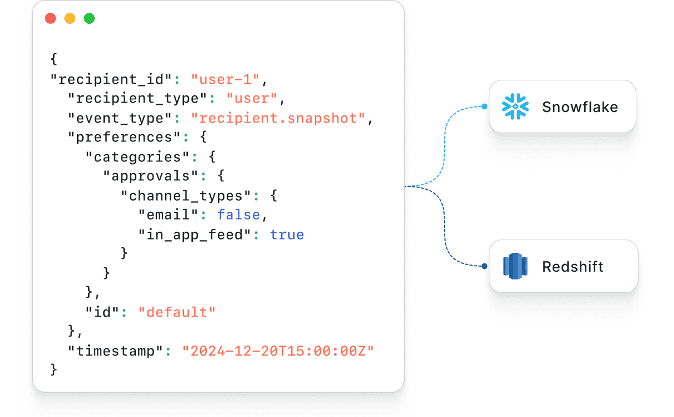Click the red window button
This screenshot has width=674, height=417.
coord(50,18)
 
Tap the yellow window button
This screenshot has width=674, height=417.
coord(70,18)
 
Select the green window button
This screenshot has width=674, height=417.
coord(89,18)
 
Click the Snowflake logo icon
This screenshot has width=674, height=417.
coord(515,106)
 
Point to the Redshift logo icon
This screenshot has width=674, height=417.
coord(515,266)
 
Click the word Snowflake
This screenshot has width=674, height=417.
coord(580,107)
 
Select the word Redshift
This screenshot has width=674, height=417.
coord(573,267)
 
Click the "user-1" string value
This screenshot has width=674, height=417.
coord(226,79)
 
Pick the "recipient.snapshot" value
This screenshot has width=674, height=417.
coord(278,118)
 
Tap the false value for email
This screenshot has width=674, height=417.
coord(238,215)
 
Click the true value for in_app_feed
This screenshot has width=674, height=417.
coord(287,235)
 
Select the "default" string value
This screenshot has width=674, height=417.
coord(177,312)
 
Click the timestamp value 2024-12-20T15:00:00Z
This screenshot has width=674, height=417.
coord(278,351)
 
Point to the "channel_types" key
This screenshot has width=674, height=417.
coord(186,196)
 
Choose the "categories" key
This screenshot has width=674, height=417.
coord(137,157)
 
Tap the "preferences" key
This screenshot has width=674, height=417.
coord(124,138)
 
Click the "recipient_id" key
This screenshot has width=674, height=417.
coord(111,79)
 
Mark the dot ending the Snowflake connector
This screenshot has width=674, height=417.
coord(484,106)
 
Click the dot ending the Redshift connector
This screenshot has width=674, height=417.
coord(484,266)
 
